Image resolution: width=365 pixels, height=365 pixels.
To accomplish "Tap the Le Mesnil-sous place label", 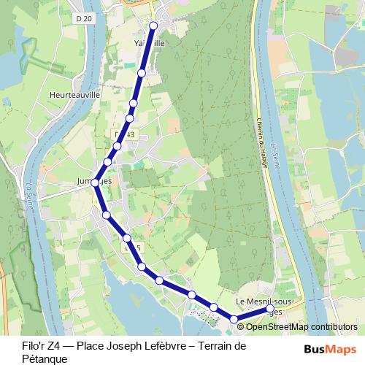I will click(264, 301).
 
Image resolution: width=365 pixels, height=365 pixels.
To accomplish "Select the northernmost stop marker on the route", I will click(153, 26).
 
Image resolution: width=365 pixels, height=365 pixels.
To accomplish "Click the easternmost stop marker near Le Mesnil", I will click(270, 310).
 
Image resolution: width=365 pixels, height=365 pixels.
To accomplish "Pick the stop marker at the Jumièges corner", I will click(95, 183).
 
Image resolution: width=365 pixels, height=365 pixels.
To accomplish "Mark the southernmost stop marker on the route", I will click(234, 319).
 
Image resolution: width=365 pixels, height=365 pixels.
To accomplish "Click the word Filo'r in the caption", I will click(15, 346).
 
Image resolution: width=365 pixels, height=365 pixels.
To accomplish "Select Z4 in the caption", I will click(39, 346).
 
